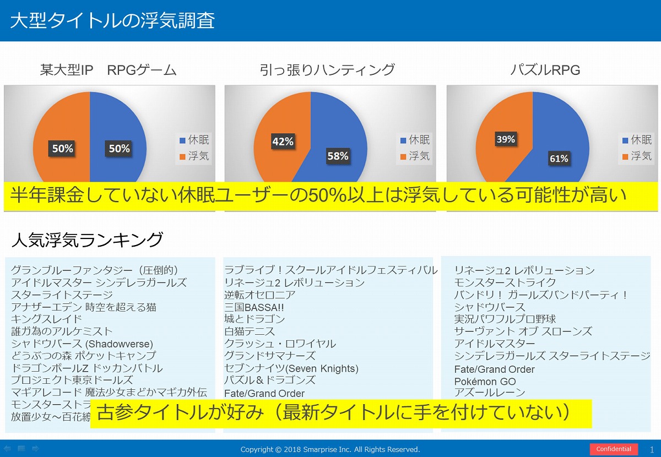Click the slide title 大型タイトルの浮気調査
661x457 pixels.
pyautogui.click(x=112, y=20)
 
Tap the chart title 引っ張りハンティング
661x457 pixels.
pyautogui.click(x=327, y=70)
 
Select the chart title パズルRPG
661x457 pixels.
pyautogui.click(x=545, y=70)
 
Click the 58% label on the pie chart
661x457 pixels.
pyautogui.click(x=338, y=156)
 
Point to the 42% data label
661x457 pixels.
pyautogui.click(x=283, y=142)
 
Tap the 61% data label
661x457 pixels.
pyautogui.click(x=559, y=159)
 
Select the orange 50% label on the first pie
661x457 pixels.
pyautogui.click(x=62, y=148)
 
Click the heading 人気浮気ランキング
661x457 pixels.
pyautogui.click(x=87, y=240)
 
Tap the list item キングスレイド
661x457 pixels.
pyautogui.click(x=46, y=319)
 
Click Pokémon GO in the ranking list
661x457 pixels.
pyautogui.click(x=485, y=381)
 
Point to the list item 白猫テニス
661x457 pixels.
pyautogui.click(x=250, y=331)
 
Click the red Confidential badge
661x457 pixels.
pyautogui.click(x=614, y=449)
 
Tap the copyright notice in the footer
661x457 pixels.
pyautogui.click(x=330, y=449)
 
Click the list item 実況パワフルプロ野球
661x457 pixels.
pyautogui.click(x=505, y=319)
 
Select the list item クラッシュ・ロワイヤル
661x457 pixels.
pyautogui.click(x=280, y=344)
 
